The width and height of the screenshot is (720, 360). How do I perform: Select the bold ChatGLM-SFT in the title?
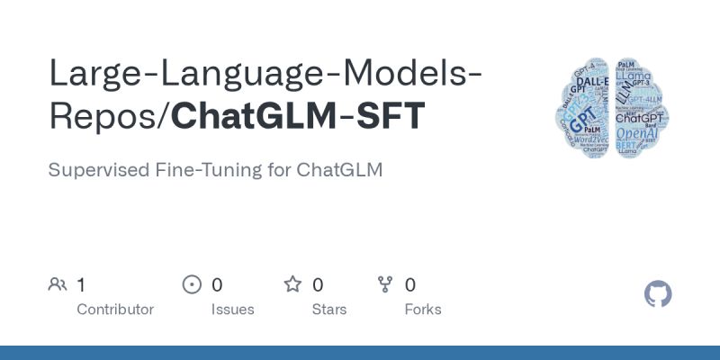298,118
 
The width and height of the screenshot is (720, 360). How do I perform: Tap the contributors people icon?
58,285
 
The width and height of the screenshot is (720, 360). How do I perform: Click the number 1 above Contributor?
81,285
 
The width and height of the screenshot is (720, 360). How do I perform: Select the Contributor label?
115,310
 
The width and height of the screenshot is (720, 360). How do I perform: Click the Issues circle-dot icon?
192,285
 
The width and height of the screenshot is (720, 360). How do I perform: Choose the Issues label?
232,310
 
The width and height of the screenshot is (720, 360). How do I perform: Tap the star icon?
292,285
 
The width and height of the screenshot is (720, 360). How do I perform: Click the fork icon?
386,285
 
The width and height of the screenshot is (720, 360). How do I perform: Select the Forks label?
423,310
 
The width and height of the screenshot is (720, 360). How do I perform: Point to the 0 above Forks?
410,285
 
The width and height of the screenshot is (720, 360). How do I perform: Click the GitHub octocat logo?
659,294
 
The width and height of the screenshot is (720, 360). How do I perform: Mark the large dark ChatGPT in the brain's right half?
640,117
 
